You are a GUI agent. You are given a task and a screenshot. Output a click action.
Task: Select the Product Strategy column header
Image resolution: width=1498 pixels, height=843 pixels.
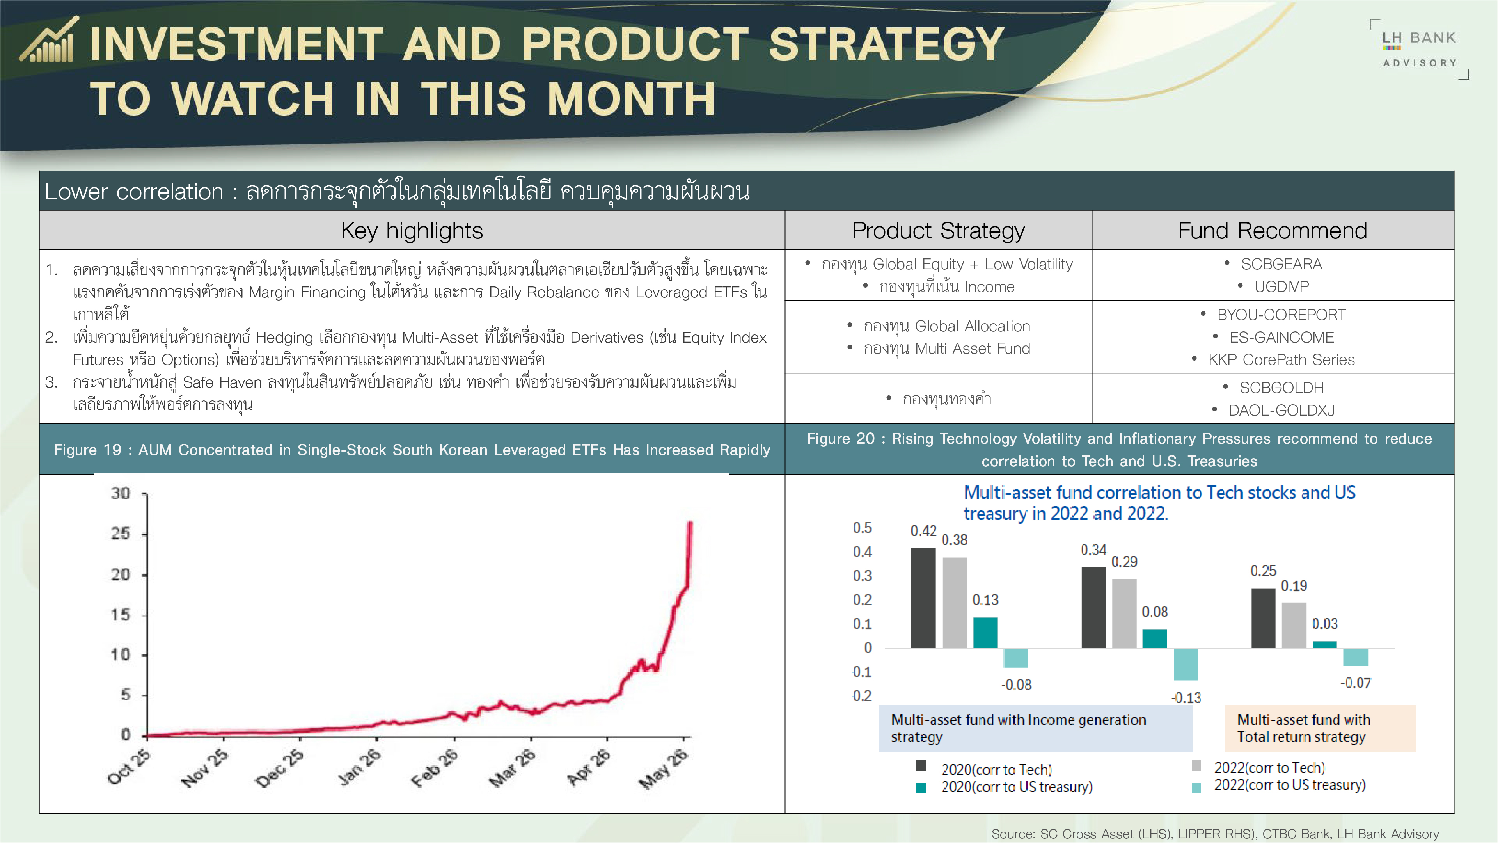coord(938,230)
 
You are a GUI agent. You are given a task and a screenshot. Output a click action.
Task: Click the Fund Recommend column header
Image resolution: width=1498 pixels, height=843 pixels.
coord(1273,230)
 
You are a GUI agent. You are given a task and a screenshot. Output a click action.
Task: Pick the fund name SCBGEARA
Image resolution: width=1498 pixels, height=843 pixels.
coord(1281,264)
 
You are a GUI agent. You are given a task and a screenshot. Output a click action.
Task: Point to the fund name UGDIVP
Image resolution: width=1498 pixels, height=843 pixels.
coord(1281,287)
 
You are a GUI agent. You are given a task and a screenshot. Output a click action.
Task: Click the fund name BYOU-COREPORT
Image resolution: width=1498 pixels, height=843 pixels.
coord(1281,315)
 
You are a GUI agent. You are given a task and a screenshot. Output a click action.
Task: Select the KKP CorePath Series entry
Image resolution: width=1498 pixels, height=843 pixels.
coord(1281,359)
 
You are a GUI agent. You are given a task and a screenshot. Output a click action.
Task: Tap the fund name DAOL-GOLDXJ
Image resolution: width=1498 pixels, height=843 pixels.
coord(1281,410)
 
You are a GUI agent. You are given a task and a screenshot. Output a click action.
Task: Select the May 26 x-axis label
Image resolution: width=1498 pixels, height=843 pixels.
coord(664,768)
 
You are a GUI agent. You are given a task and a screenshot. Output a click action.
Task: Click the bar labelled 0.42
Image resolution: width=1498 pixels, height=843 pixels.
coord(923,598)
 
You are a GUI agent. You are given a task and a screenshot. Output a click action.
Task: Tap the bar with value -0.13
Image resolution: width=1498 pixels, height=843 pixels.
coord(1186,664)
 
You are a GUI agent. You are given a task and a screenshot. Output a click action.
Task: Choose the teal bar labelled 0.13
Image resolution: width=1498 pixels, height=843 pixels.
coord(985,632)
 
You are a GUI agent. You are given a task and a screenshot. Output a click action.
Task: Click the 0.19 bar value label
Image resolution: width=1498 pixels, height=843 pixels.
coord(1294,586)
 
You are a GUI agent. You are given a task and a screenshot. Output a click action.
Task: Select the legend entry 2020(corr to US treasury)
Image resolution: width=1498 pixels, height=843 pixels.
coord(1004,787)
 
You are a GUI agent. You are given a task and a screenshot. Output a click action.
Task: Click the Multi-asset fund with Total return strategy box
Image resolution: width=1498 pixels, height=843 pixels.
coord(1320,728)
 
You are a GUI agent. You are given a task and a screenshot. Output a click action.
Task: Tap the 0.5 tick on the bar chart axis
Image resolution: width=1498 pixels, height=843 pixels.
coord(863,528)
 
